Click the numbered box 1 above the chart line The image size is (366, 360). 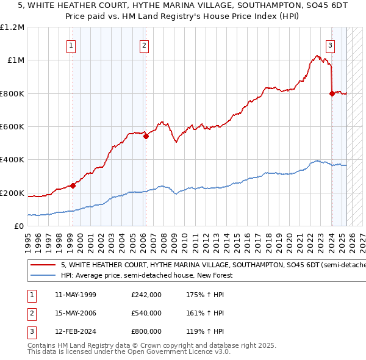[71, 45]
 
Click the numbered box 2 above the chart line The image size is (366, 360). [144, 45]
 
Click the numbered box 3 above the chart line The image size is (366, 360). [330, 45]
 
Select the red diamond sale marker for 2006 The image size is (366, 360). [146, 137]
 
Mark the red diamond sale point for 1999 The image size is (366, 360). [73, 185]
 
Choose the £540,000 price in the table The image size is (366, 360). [146, 313]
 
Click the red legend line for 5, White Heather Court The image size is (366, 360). [42, 265]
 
